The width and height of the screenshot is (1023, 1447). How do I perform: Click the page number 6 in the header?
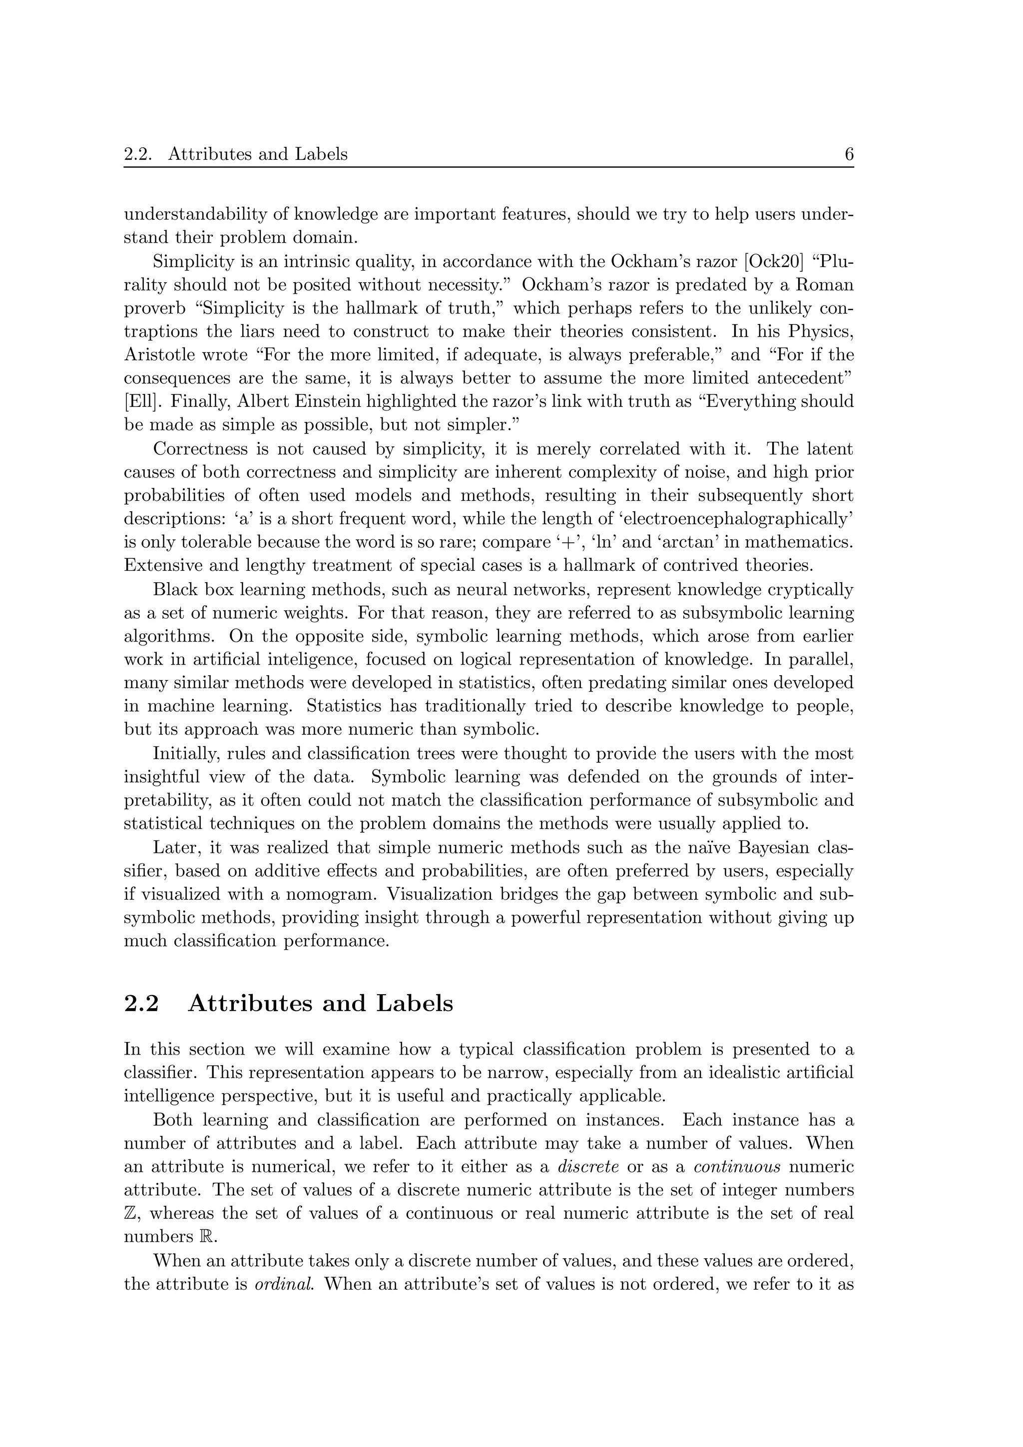(848, 154)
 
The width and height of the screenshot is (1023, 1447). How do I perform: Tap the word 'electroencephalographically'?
(742, 519)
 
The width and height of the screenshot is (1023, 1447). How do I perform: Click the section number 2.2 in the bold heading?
(142, 1003)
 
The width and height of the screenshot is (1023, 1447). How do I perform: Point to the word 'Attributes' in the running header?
(210, 154)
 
